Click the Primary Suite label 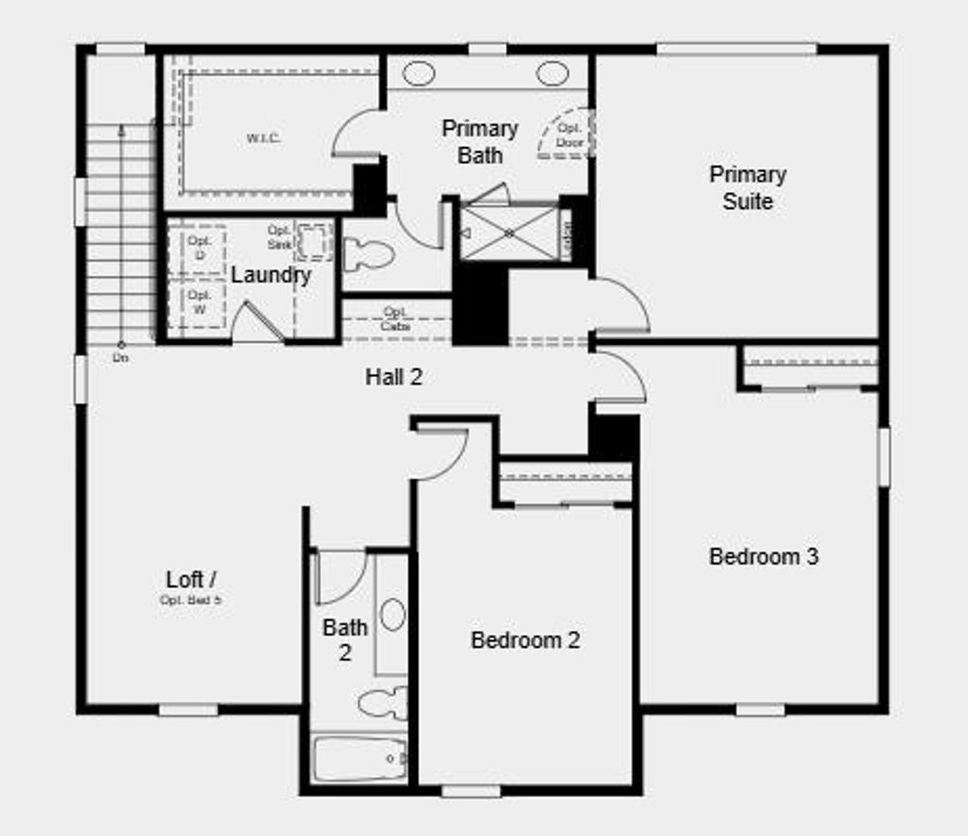(x=748, y=188)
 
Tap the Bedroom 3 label (x=764, y=556)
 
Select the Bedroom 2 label (x=526, y=640)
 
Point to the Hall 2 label (x=394, y=377)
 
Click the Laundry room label (x=270, y=276)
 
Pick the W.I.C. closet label (x=265, y=138)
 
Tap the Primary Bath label (x=480, y=142)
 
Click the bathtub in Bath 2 (x=360, y=759)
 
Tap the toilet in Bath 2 (x=384, y=703)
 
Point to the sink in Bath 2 (x=392, y=615)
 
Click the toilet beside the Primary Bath (x=369, y=254)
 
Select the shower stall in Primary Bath (x=508, y=232)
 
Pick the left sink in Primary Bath (x=419, y=74)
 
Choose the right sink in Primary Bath (x=552, y=74)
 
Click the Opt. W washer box (x=199, y=303)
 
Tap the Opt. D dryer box (x=199, y=248)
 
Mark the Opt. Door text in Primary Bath (x=569, y=135)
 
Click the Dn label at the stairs (x=120, y=359)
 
